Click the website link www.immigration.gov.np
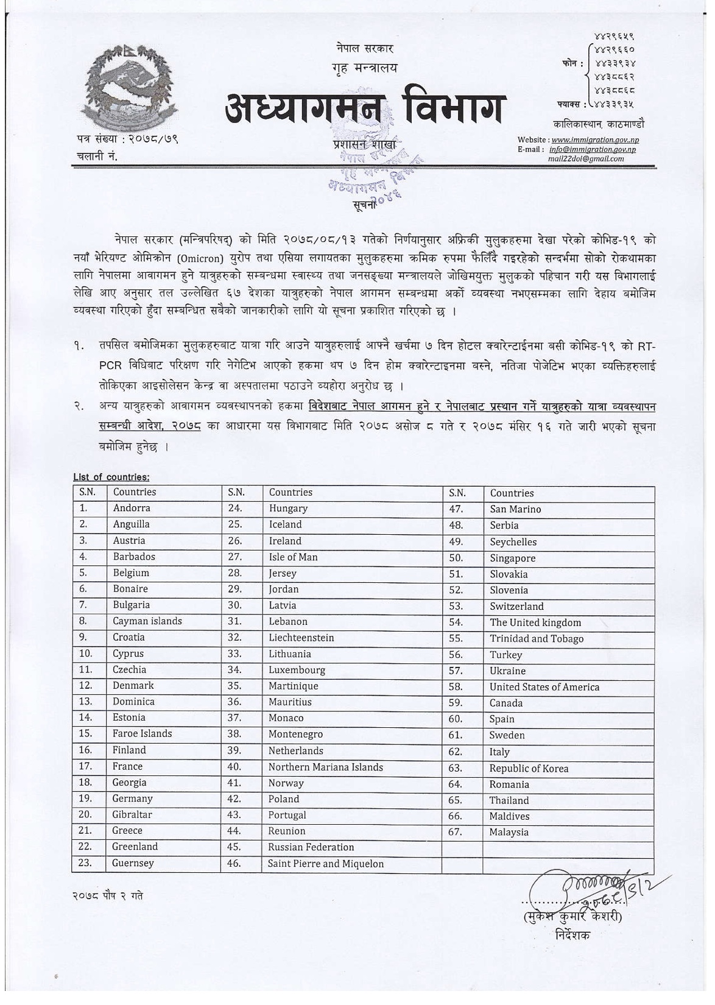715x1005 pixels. coord(595,140)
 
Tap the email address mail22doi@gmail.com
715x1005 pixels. coord(586,158)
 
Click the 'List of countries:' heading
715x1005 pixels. coord(111,477)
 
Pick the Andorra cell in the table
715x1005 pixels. coord(132,508)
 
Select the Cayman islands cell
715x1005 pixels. coord(147,621)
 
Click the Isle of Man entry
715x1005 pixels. coord(293,557)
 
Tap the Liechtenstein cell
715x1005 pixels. coord(301,638)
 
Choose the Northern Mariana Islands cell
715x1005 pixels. coord(326,767)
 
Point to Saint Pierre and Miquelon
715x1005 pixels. coord(326,864)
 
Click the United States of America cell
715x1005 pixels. coord(544,687)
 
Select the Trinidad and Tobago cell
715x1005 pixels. coord(537,638)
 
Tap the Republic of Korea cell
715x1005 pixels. coord(529,769)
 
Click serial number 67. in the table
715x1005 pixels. coord(456,832)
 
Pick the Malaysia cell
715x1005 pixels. coord(509,832)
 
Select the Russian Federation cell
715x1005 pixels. coord(311,847)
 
